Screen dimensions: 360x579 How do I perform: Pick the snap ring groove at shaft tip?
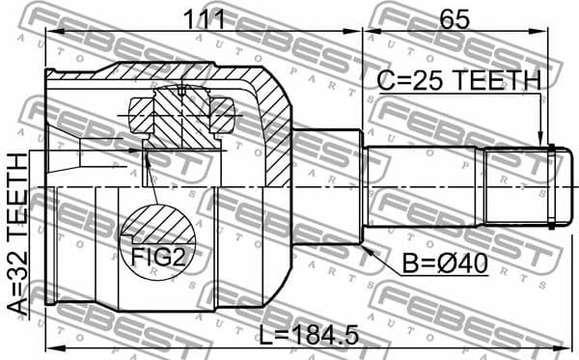tap(550, 186)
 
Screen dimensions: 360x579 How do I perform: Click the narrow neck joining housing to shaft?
tap(328, 186)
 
